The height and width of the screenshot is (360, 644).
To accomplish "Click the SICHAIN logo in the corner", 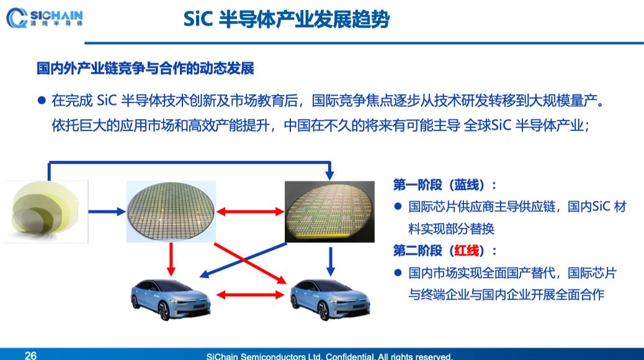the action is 45,18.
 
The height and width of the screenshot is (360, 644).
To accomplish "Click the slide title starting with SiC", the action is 286,19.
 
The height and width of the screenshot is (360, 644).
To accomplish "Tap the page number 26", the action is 31,355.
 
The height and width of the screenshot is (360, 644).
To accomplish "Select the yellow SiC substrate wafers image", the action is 46,211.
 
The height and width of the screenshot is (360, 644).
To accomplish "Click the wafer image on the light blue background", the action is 171,211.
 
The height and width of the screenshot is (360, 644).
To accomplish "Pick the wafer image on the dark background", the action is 329,211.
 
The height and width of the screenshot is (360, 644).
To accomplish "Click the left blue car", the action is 171,299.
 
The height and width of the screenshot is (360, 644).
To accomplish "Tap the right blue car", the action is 330,299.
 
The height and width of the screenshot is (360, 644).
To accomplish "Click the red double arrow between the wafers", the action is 250,212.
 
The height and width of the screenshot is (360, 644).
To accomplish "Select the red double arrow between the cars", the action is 250,295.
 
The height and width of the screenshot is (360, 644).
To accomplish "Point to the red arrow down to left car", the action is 171,259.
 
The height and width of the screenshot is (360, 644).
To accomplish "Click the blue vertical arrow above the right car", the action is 330,261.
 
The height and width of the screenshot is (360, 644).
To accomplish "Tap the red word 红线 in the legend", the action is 467,250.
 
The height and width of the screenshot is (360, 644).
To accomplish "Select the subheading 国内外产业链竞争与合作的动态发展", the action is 145,68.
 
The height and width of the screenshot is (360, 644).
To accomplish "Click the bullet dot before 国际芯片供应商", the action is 398,206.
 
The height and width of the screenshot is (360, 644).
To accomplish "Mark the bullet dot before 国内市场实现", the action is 398,272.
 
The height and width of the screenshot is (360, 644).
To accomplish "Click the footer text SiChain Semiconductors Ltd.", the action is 329,356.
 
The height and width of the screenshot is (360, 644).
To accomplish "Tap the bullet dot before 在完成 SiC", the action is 42,101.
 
